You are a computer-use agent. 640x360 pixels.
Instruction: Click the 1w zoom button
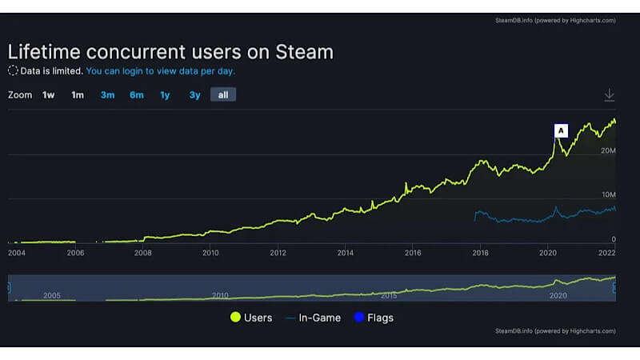click(x=49, y=95)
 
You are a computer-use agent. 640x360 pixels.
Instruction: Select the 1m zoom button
click(x=78, y=95)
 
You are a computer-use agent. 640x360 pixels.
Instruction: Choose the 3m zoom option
click(x=107, y=95)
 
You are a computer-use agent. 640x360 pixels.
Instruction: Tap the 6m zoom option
click(x=137, y=95)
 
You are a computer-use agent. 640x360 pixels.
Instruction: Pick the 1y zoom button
click(x=165, y=95)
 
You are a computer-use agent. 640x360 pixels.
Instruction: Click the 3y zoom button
click(x=194, y=95)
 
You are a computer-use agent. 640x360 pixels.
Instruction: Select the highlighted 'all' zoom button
click(x=223, y=95)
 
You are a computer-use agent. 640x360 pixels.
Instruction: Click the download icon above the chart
click(x=609, y=95)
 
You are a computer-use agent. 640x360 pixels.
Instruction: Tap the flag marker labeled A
click(x=561, y=130)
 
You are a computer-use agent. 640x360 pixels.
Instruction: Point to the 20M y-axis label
click(x=607, y=150)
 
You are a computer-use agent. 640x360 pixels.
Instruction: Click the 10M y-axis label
click(x=607, y=194)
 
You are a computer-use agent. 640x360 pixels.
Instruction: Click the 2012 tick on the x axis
click(x=278, y=253)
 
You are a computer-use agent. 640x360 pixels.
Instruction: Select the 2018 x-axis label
click(x=480, y=253)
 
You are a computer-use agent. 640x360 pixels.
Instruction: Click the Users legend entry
click(x=251, y=318)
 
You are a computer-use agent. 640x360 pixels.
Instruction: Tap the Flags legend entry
click(x=373, y=318)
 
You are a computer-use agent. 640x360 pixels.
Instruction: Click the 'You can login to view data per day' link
click(x=160, y=70)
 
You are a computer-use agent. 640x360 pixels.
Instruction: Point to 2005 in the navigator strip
click(x=52, y=295)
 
